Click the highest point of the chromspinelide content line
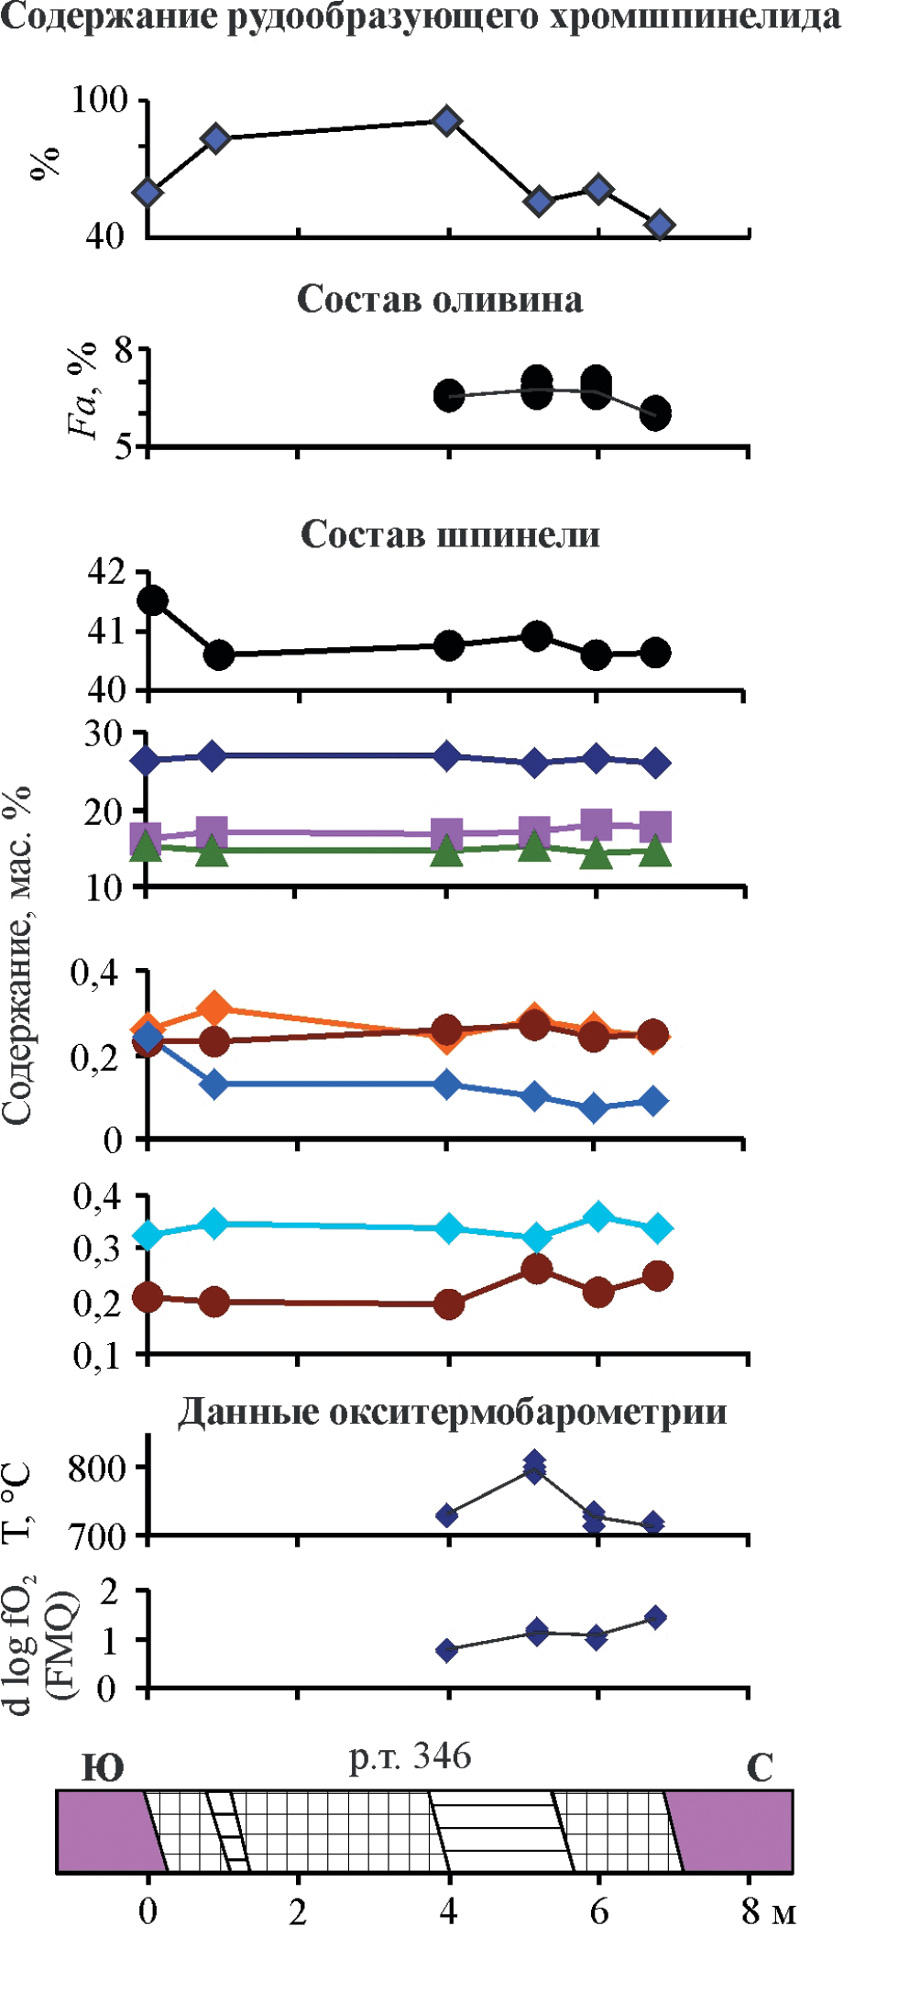(x=446, y=121)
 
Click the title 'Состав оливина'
(x=440, y=300)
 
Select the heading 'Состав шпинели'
(x=450, y=534)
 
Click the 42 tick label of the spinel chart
(x=106, y=572)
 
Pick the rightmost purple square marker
(x=655, y=826)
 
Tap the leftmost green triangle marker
(x=146, y=847)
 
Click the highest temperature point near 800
(x=535, y=1461)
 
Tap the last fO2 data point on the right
(x=655, y=1618)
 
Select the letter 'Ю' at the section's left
(x=103, y=1767)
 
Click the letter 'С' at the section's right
(x=760, y=1767)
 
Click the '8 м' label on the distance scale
(x=768, y=1911)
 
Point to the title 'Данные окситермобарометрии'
(x=452, y=1413)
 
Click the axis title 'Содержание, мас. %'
(x=18, y=953)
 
